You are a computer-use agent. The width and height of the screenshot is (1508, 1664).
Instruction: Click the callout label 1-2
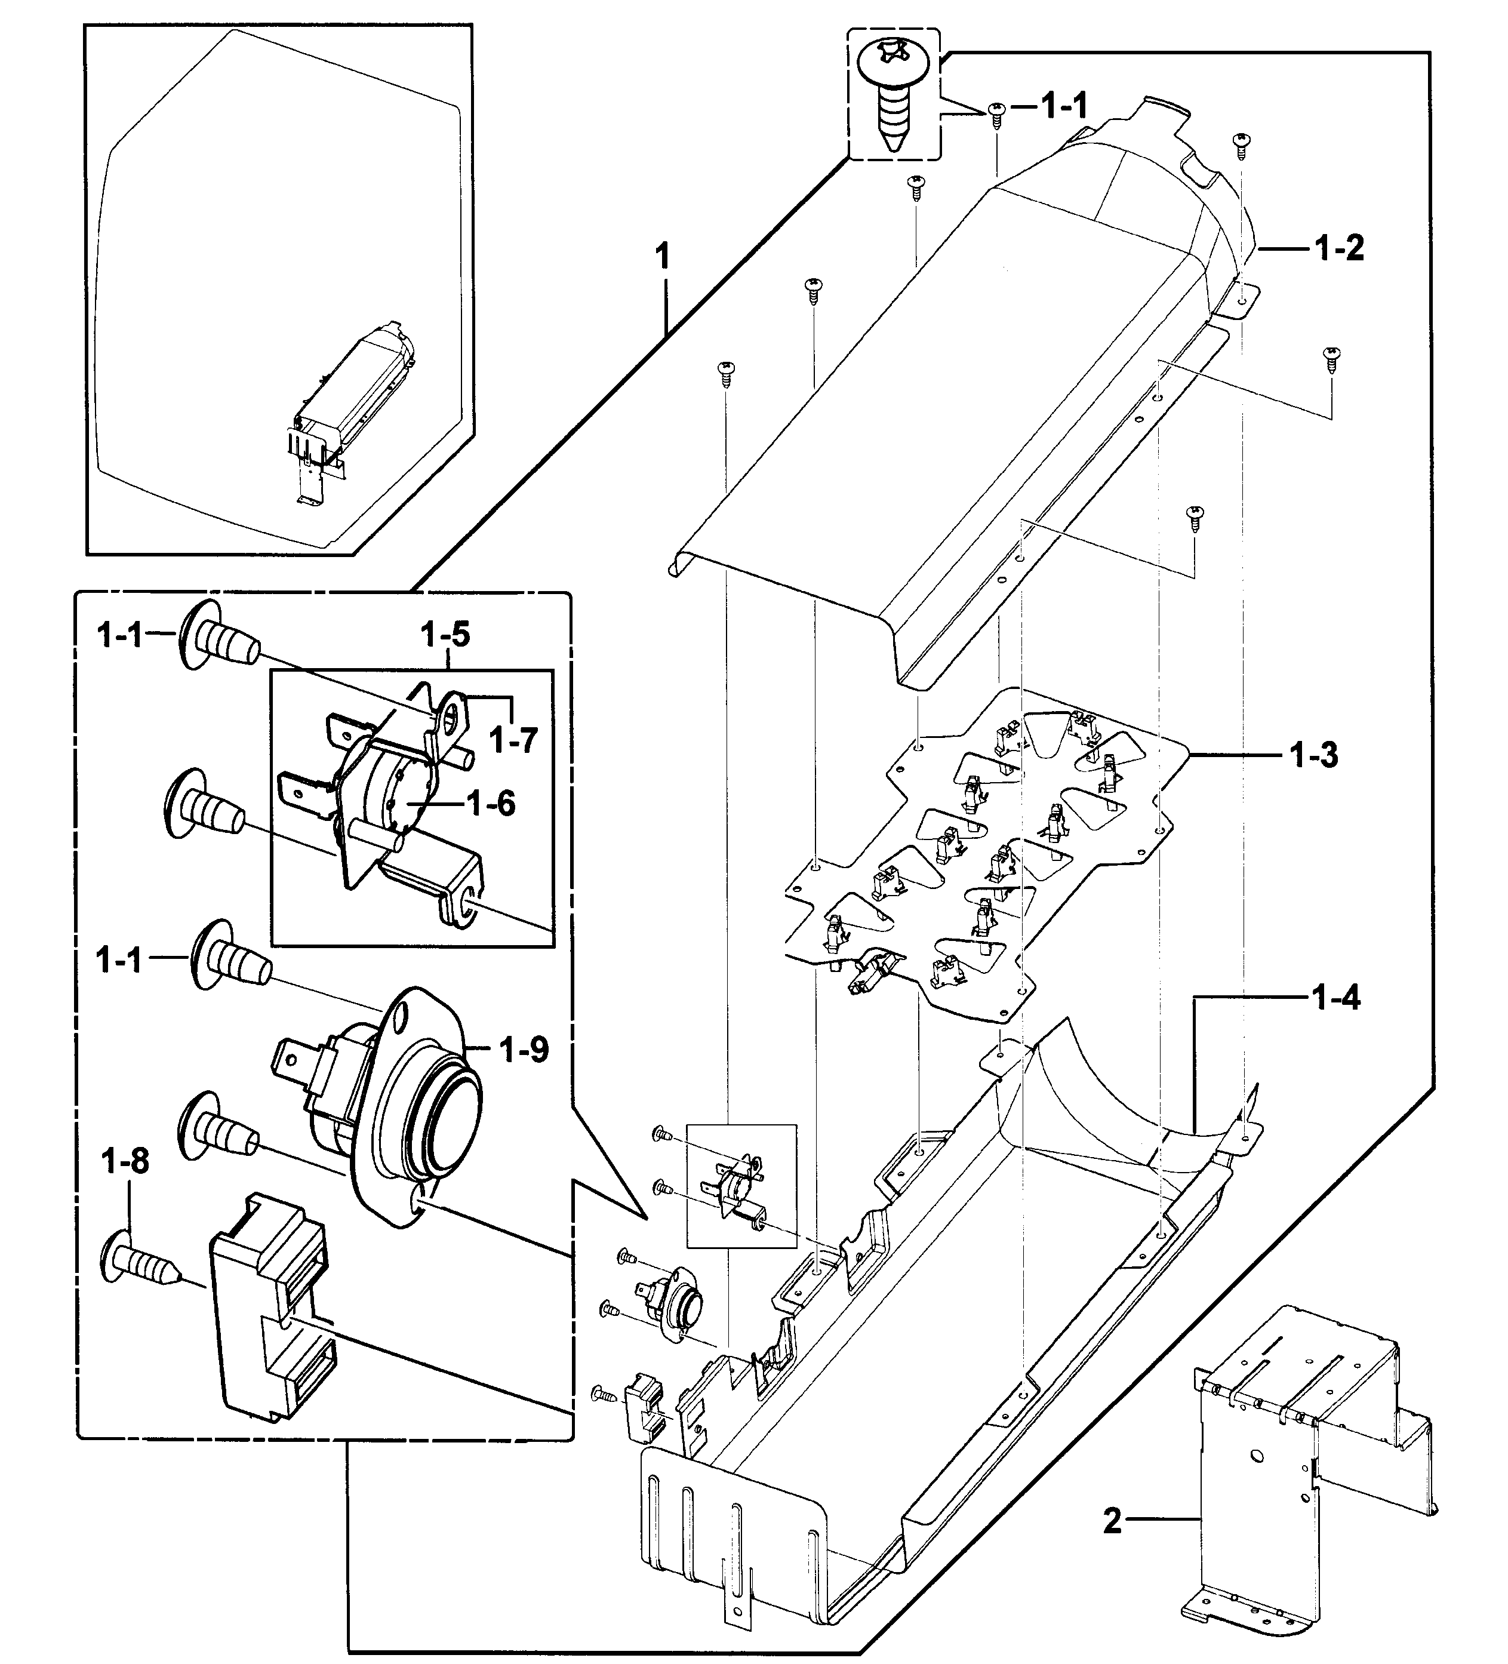point(1339,248)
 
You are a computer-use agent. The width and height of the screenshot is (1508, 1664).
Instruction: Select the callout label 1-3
point(1314,755)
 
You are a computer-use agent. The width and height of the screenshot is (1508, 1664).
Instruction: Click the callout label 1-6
point(491,802)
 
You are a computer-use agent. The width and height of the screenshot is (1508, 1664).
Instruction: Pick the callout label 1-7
point(513,740)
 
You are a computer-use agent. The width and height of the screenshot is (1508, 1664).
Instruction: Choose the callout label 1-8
point(125,1161)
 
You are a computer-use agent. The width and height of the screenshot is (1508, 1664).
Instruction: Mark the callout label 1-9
point(524,1050)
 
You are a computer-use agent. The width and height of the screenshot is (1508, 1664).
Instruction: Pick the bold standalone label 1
point(662,257)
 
